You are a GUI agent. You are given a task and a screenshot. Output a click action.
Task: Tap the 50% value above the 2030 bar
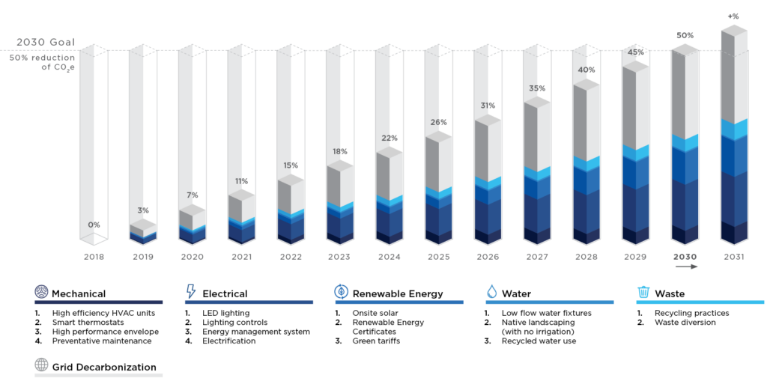[685, 35]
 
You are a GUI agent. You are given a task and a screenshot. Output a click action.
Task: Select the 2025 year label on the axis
[438, 257]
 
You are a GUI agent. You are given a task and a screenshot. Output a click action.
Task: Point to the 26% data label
[438, 122]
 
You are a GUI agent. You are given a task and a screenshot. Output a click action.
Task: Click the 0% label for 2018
[93, 225]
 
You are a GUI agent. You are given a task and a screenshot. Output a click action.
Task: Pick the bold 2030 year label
[685, 257]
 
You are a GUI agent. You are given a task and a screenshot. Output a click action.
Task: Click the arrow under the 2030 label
[685, 266]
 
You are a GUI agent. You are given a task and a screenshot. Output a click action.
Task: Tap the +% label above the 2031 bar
[733, 15]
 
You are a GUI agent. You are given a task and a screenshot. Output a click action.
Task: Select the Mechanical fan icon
[41, 292]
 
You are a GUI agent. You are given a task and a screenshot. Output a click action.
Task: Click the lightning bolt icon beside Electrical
[190, 292]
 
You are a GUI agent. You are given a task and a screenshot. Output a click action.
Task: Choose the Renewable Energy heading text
[398, 293]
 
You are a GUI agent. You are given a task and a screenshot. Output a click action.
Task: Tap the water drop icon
[491, 292]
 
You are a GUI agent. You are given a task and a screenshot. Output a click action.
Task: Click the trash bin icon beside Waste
[643, 292]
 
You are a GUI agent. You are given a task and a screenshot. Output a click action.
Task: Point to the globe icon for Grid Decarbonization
[41, 366]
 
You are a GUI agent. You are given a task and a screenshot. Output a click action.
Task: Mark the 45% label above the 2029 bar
[636, 52]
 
